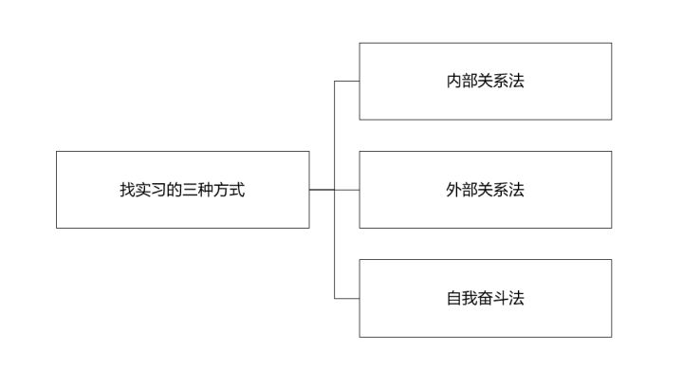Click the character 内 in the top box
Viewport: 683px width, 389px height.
453,82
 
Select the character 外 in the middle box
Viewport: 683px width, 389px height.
453,190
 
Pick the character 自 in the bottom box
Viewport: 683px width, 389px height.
453,298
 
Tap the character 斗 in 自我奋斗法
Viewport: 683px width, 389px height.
501,298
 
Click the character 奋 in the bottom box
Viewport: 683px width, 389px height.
485,298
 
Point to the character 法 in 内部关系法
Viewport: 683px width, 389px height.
517,82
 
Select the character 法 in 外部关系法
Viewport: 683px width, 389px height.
517,190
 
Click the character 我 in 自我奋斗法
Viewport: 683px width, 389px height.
470,298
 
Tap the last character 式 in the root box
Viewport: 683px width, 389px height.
237,190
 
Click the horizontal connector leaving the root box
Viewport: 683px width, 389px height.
322,190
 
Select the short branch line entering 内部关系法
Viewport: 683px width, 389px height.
347,82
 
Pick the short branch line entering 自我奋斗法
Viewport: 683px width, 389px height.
347,299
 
